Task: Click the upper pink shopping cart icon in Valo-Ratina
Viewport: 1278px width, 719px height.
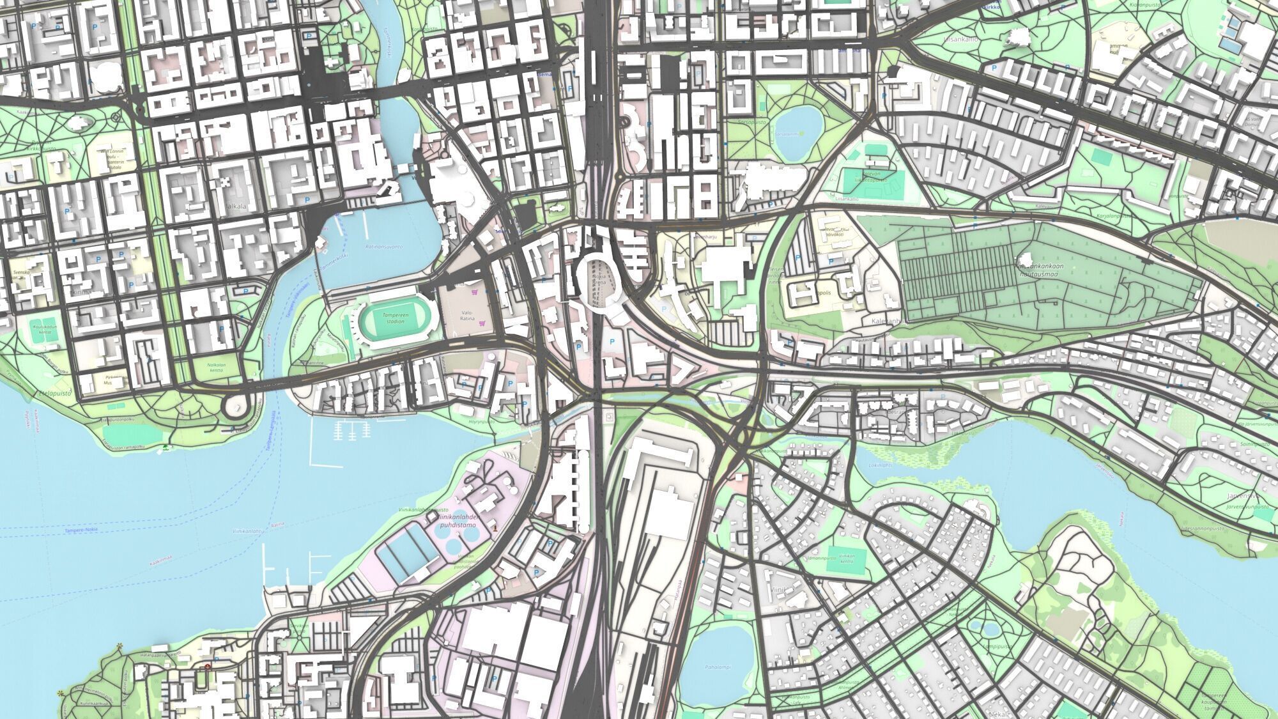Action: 474,291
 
